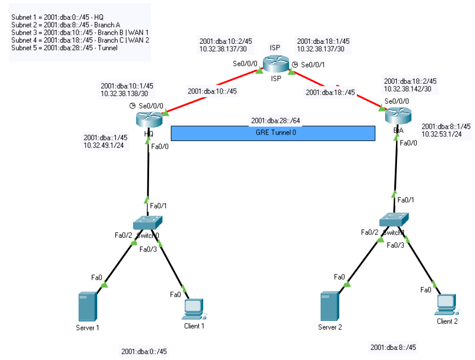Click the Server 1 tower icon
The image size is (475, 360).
point(88,306)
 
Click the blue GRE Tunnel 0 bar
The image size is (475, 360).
point(272,133)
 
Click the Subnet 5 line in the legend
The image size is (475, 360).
point(64,48)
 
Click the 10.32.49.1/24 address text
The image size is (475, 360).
point(104,145)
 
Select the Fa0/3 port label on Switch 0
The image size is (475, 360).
point(148,249)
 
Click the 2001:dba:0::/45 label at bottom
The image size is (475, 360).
point(144,351)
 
